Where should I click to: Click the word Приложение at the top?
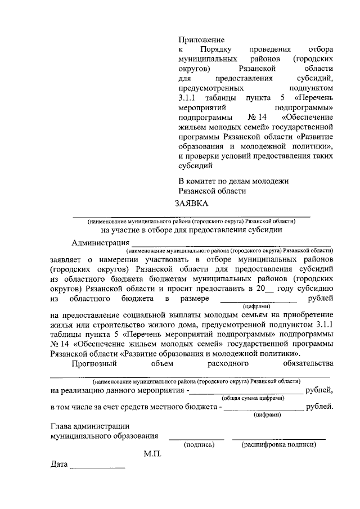(201, 40)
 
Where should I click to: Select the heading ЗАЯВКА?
(191, 204)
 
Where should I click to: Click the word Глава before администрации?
(61, 426)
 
